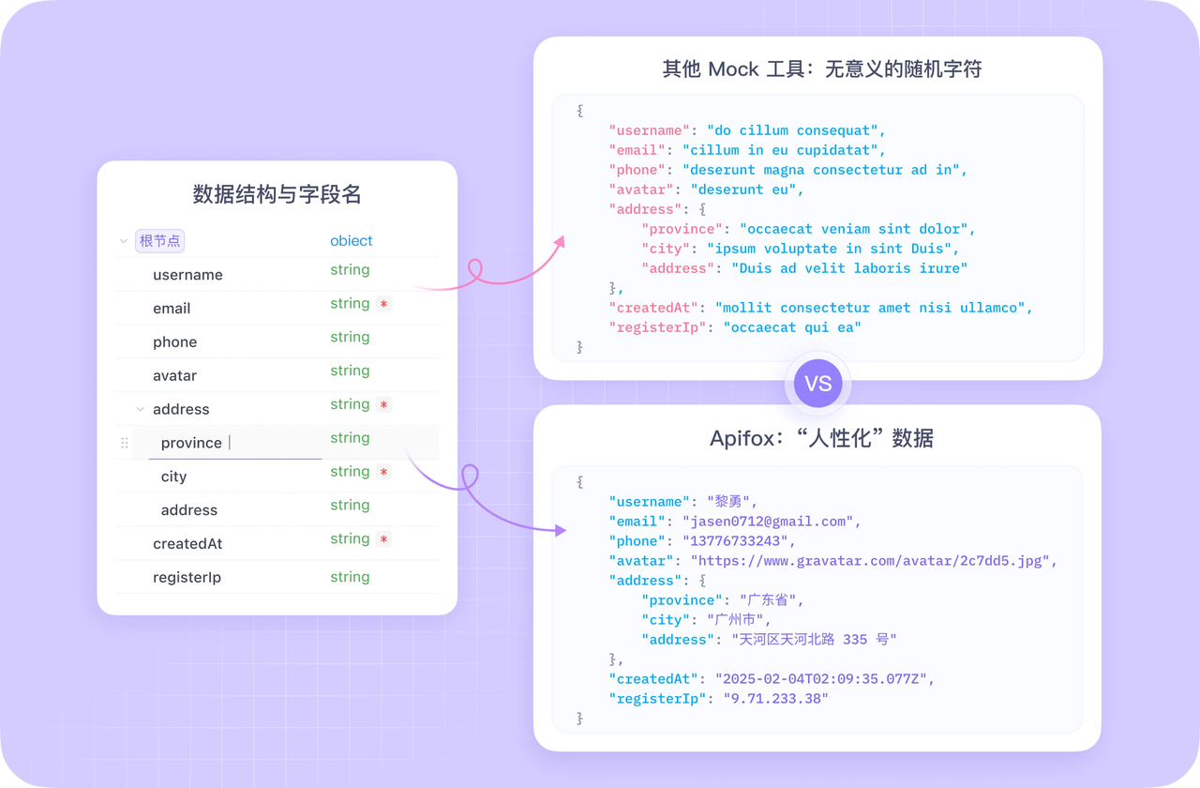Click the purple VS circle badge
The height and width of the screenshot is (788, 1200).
point(817,384)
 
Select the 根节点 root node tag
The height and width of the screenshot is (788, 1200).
point(160,241)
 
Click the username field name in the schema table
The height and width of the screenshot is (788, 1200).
point(187,275)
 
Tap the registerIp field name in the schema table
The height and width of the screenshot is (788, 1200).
point(187,578)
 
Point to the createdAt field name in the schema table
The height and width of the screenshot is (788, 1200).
point(187,544)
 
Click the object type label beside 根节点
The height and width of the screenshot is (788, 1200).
point(351,241)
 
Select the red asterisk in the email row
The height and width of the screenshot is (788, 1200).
point(382,304)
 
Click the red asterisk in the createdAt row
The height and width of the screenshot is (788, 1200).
point(382,539)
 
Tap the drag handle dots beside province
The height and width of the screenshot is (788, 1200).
point(125,443)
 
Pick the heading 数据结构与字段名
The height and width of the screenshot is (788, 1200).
point(277,194)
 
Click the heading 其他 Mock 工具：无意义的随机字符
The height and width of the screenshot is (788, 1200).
point(821,68)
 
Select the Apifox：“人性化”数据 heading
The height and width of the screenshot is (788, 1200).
point(821,438)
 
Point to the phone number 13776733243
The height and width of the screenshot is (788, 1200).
point(739,541)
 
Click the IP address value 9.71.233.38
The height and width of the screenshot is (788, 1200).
point(776,699)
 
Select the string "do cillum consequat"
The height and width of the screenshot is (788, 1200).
point(796,130)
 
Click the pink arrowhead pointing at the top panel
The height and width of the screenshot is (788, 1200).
point(560,242)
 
